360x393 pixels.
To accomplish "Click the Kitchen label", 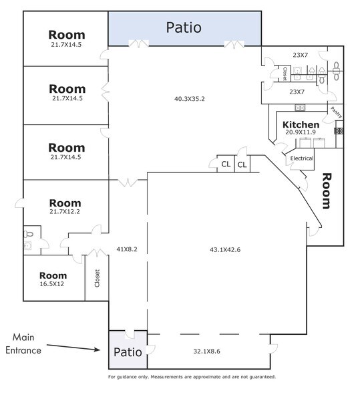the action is coord(301,124).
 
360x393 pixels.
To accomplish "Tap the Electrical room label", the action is coord(302,158).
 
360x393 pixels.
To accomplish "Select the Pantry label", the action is coord(336,112).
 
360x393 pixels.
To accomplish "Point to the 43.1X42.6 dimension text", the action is coord(225,250).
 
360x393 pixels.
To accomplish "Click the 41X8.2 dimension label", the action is coord(127,249).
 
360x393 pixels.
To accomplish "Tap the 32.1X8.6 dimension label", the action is coord(206,351).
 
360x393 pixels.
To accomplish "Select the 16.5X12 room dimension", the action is coord(52,284).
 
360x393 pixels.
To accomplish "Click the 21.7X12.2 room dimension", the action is coord(65,211).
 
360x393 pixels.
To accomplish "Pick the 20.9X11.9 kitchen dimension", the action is coord(301,132).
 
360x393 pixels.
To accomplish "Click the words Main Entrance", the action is coord(23,344).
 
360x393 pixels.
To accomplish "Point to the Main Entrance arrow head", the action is coord(100,350).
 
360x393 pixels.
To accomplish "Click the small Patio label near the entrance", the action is coord(128,352).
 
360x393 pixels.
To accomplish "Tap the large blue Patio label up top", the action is coord(184,27).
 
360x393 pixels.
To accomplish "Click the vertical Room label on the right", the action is coord(327,190).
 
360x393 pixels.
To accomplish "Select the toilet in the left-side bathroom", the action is coord(28,235).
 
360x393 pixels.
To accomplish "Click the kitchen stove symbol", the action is coord(339,131).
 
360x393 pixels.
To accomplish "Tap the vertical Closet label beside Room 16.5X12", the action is coord(98,278).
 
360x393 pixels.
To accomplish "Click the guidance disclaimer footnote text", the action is coord(192,377).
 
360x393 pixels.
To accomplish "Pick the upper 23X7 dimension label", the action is coord(300,55).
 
